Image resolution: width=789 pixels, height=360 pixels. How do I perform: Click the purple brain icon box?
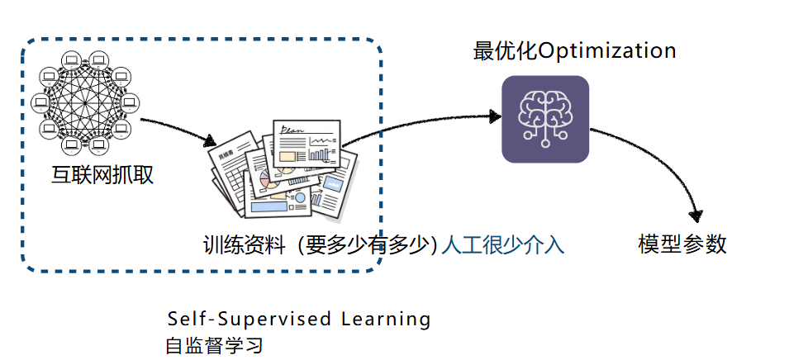[545, 119]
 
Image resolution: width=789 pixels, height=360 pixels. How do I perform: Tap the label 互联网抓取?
[101, 175]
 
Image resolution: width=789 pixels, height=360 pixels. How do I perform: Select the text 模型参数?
[682, 244]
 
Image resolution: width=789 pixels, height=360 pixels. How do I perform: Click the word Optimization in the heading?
[606, 51]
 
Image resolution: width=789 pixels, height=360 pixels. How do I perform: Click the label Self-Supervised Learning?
[299, 319]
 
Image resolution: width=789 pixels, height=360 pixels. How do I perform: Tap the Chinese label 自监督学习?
[214, 344]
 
